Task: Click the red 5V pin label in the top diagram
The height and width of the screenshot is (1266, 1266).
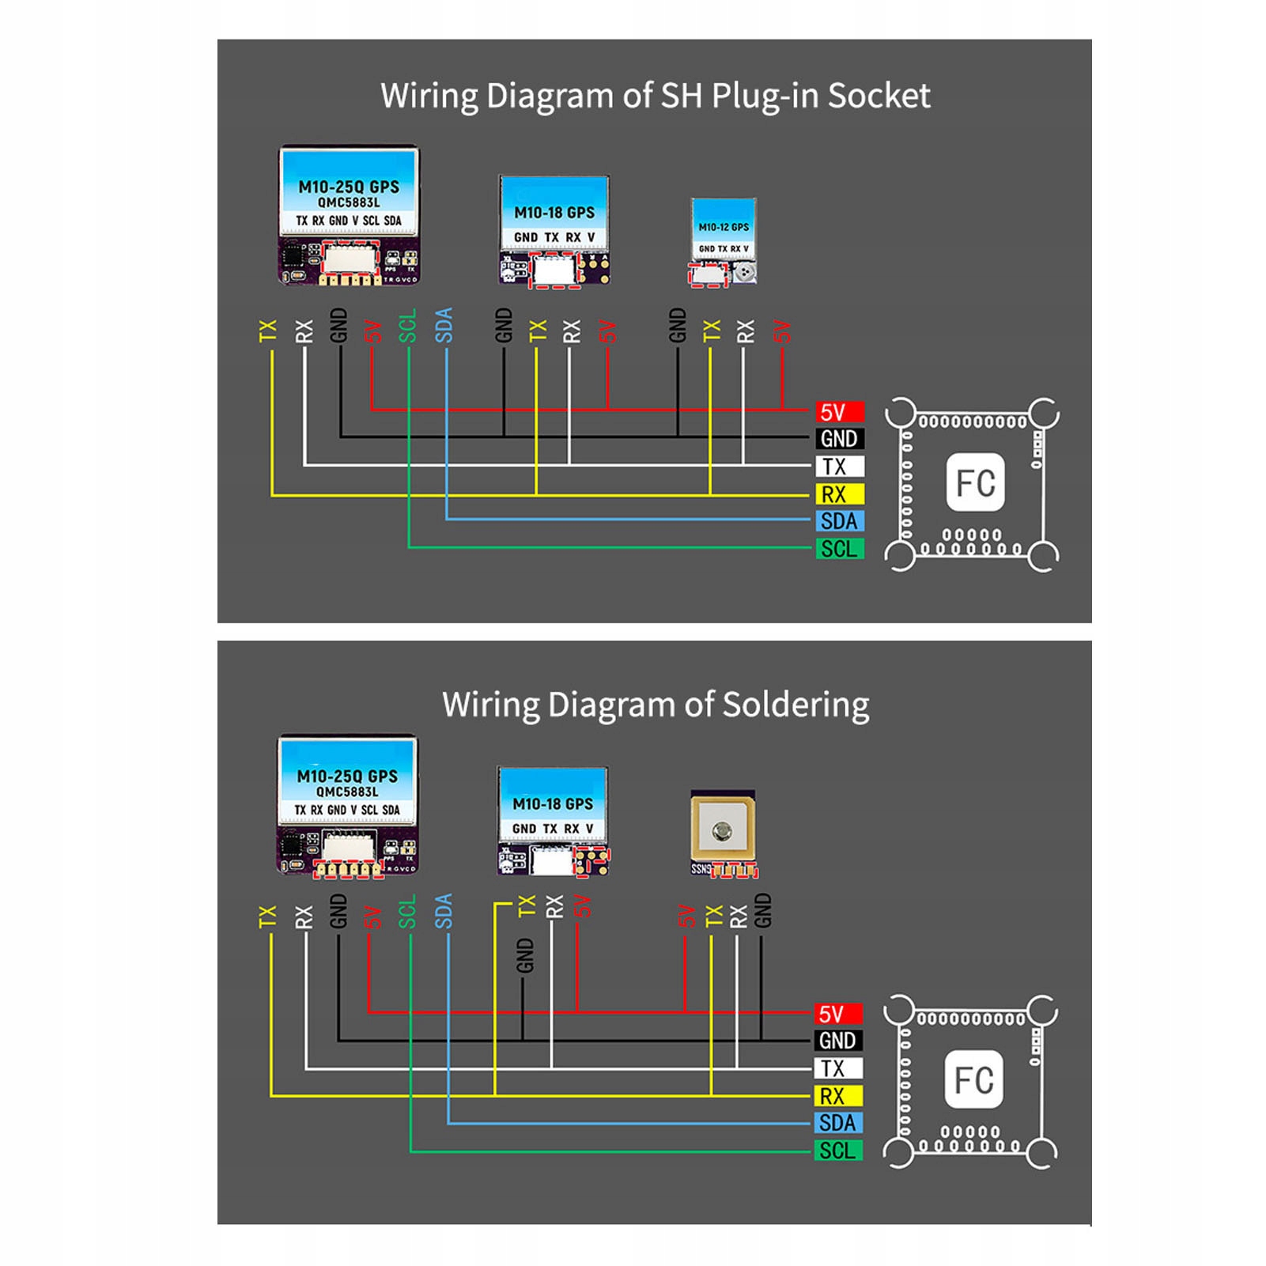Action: coord(838,412)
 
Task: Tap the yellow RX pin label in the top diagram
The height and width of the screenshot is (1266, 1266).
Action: coord(838,494)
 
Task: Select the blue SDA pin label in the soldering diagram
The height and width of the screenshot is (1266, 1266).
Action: coord(837,1123)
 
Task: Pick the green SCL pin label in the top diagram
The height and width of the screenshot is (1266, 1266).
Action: coord(838,549)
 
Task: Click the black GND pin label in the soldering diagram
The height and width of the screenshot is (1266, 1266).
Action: coord(837,1041)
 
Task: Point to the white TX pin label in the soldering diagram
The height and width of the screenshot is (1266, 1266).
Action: coord(837,1068)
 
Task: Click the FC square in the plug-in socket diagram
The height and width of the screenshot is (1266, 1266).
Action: coord(975,482)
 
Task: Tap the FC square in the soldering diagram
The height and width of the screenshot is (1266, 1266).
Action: coord(973,1079)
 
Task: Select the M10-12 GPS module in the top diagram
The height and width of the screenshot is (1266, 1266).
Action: coord(724,241)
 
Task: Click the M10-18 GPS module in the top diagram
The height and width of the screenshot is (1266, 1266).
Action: coord(554,229)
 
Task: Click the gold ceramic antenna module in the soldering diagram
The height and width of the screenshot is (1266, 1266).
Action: coord(723,830)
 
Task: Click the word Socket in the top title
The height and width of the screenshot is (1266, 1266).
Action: coord(879,96)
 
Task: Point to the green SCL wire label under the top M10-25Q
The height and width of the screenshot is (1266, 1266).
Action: coord(407,326)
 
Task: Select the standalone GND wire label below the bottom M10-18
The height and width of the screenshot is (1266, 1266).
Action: coord(524,955)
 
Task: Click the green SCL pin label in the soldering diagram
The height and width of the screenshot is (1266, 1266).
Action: coord(837,1151)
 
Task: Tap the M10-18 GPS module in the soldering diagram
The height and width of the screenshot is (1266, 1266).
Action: coord(553,821)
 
